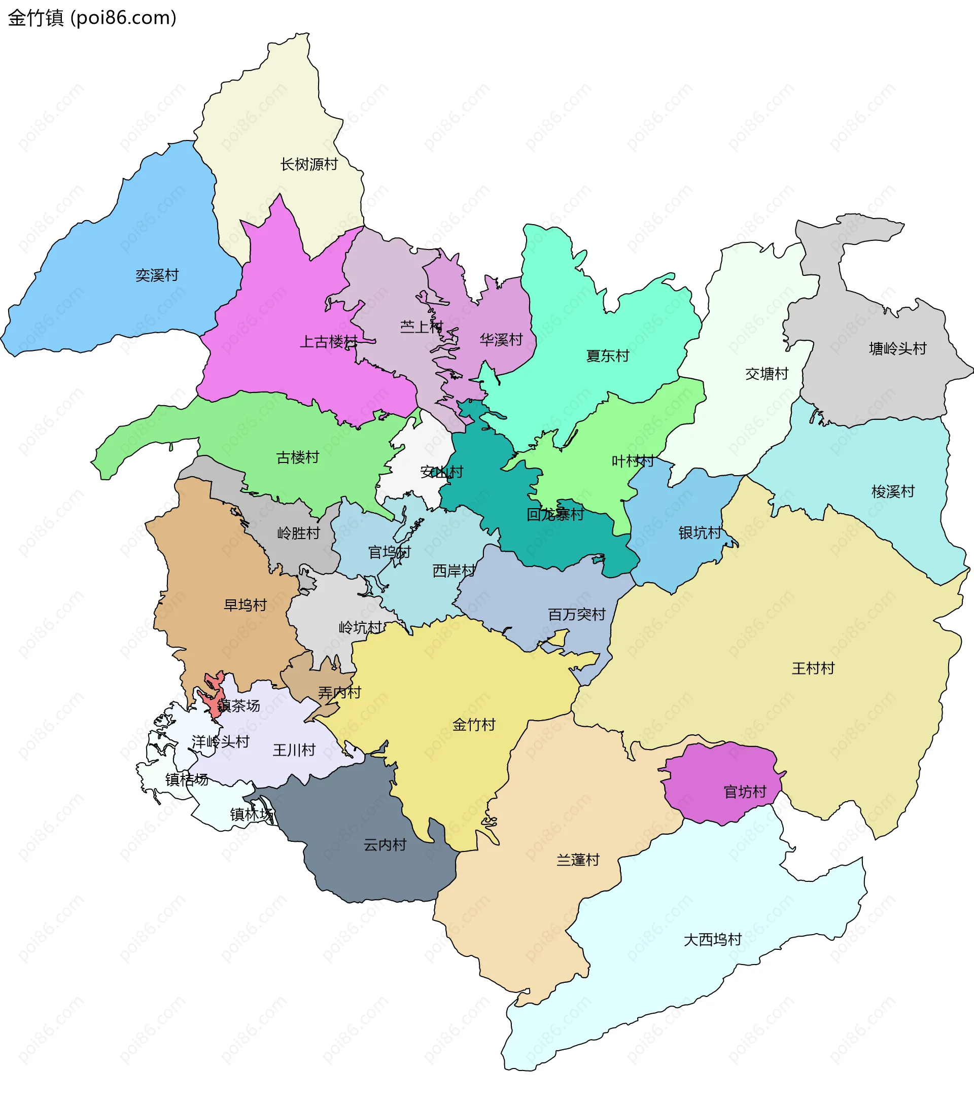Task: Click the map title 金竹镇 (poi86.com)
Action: [x=92, y=18]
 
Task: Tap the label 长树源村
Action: [x=309, y=164]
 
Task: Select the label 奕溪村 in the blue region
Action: [x=157, y=275]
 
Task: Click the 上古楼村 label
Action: [x=328, y=341]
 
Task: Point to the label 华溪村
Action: [x=501, y=339]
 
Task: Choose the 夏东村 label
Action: [x=607, y=355]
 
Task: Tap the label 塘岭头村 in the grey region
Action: [x=897, y=348]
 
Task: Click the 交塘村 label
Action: [x=766, y=373]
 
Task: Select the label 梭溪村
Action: [x=892, y=491]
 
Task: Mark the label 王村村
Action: [x=813, y=668]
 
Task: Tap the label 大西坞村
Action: [x=712, y=939]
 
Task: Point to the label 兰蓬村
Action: [x=577, y=860]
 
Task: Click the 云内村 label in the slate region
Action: [x=384, y=844]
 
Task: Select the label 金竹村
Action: [x=473, y=724]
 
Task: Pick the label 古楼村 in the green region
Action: [x=297, y=457]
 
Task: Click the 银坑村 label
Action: [x=699, y=532]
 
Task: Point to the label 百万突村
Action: [x=576, y=614]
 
